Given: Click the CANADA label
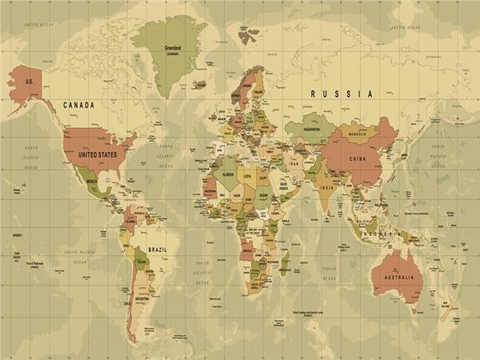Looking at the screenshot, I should coord(80,106).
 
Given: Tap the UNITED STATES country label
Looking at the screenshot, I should coord(96,154).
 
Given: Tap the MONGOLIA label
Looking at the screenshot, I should coord(357,134).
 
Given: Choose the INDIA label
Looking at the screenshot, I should coord(326,188).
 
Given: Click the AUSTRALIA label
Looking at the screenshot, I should coord(398,278).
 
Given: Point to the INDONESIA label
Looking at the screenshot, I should coord(383,233).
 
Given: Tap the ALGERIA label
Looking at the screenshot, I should coord(228,174).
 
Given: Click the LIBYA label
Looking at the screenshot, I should coord(248,176).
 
